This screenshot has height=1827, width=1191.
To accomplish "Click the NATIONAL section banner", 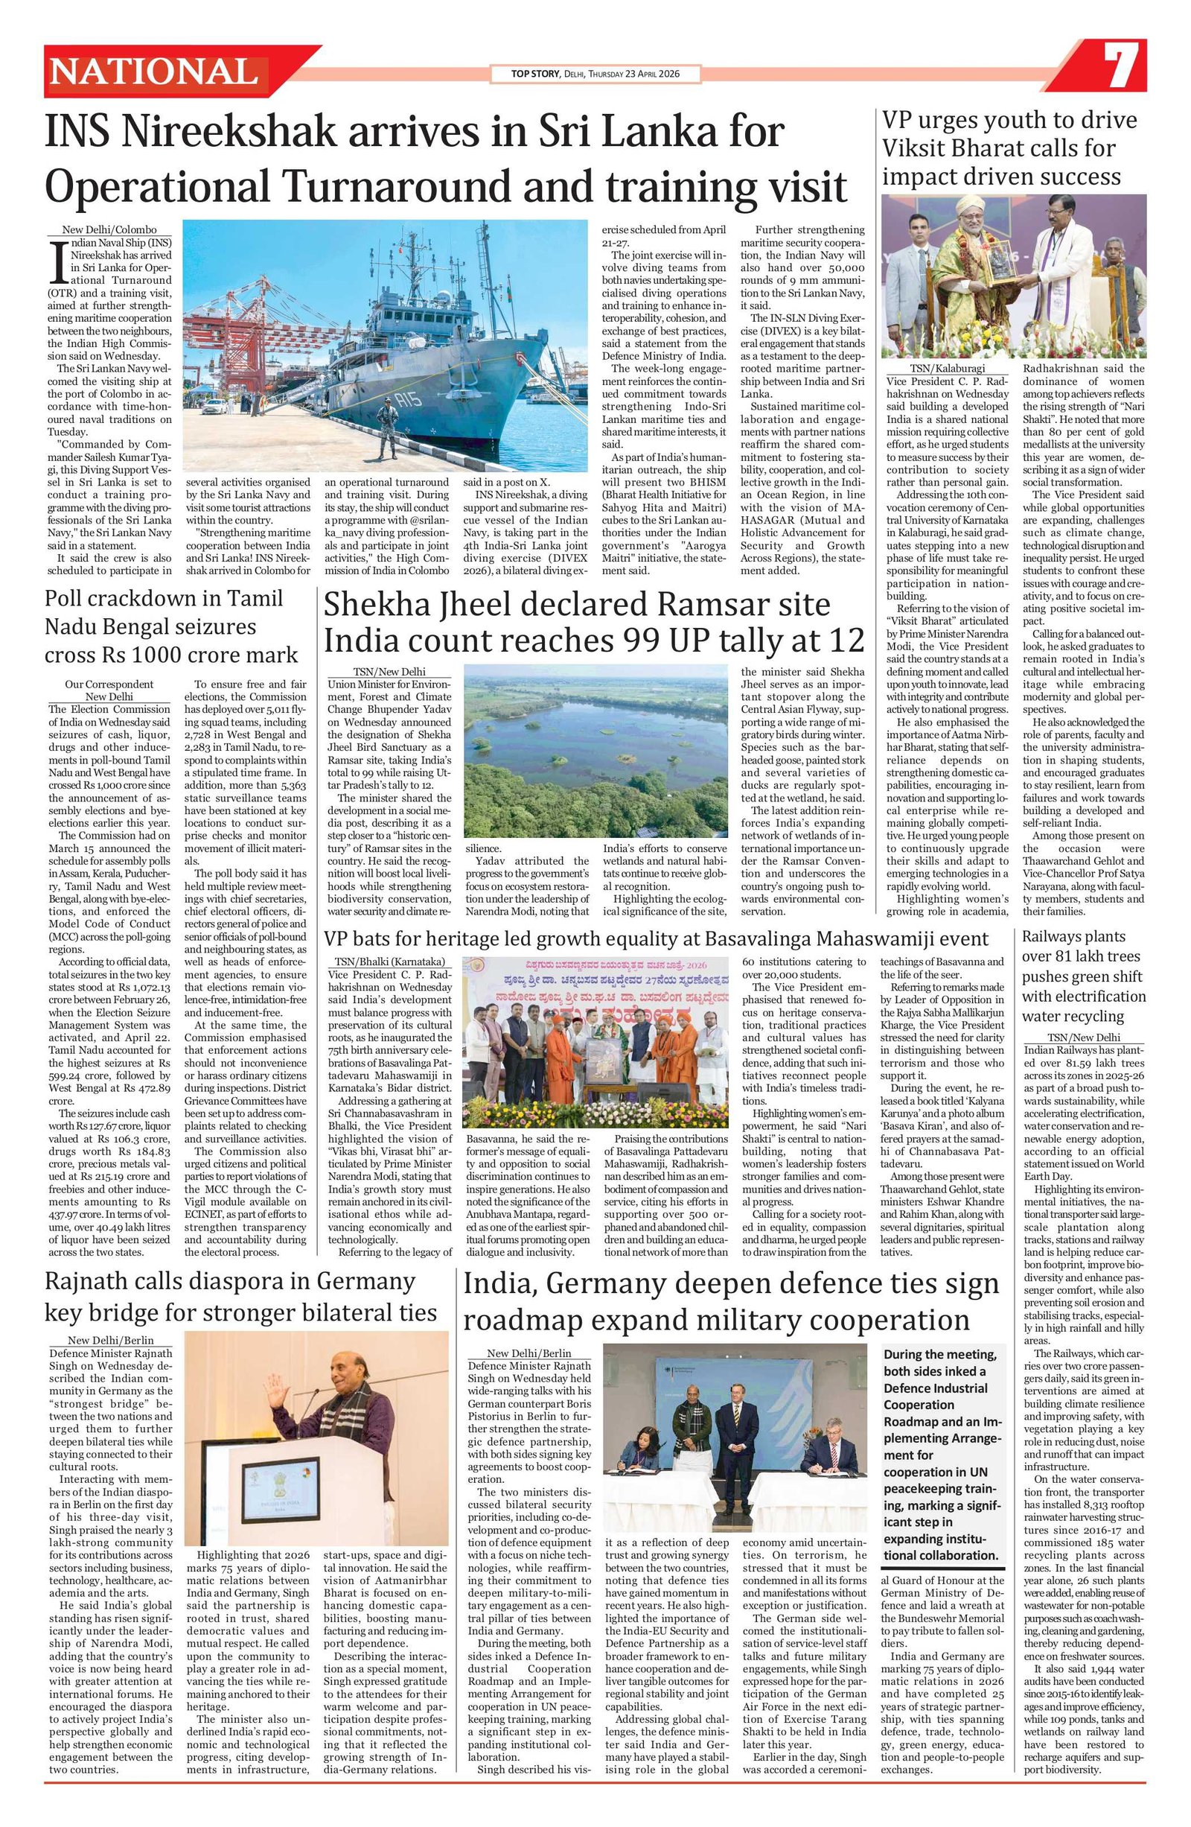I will [154, 72].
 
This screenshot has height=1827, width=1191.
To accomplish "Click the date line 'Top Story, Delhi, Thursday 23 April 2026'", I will [595, 74].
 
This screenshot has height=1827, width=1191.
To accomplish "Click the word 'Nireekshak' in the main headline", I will [219, 132].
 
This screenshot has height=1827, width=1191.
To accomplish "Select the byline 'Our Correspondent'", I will [109, 683].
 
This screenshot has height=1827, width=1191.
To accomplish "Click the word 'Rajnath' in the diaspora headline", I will [92, 1281].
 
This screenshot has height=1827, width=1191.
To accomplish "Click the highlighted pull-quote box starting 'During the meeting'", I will [942, 1444].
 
